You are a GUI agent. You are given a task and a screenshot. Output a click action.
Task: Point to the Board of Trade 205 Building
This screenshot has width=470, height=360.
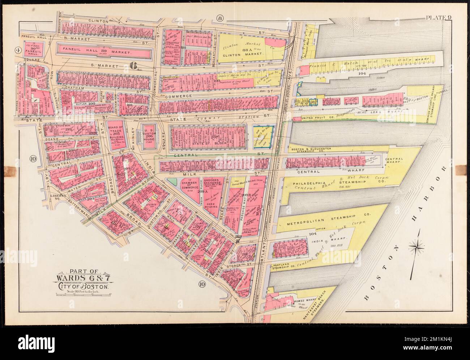coord(115,135)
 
